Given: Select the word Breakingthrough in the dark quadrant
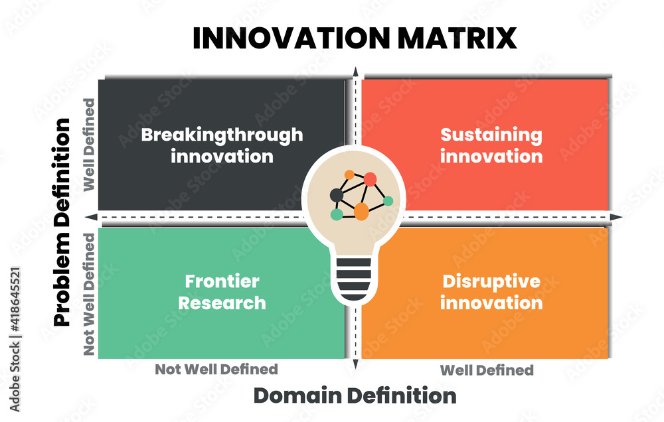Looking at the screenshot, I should [x=222, y=135].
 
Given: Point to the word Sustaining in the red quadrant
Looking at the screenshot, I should [x=491, y=135].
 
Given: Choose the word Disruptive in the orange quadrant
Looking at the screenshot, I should [x=491, y=281].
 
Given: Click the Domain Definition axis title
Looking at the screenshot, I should [x=355, y=396].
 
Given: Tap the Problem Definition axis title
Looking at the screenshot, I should [x=62, y=222].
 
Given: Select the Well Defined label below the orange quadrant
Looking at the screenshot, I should [x=487, y=370].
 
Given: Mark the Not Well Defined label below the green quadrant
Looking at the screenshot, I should [x=216, y=369].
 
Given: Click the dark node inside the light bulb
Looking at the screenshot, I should [x=337, y=194].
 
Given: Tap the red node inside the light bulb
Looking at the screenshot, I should [x=370, y=179].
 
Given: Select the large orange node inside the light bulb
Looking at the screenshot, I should [x=361, y=212].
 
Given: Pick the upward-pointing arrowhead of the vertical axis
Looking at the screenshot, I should [x=355, y=72].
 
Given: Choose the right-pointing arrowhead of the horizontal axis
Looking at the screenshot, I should [x=617, y=218].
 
